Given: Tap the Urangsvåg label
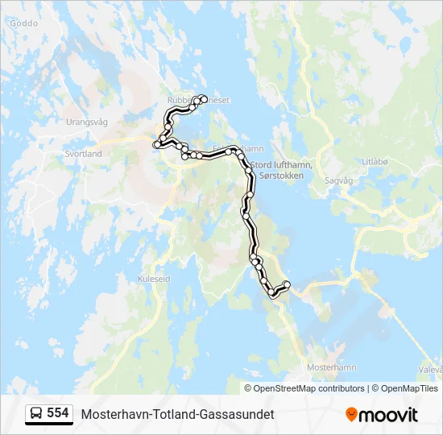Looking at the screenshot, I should coord(86,122).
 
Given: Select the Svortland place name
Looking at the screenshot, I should coord(84,153).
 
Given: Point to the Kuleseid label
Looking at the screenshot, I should coord(155,279).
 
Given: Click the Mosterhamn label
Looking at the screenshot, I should coord(332,367).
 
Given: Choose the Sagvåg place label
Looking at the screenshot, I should coord(337,181).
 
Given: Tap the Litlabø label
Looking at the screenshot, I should coord(375,161).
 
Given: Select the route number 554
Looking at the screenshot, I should coord(57,413).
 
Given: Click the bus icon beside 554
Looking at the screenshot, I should coord(36,413).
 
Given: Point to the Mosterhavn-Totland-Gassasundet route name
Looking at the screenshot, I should coord(177,414).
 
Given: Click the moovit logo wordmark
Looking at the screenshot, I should coord(389,415).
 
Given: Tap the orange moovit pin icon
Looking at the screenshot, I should coord(351,414).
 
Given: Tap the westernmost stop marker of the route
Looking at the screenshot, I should coord(155,145).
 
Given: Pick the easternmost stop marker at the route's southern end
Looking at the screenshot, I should coord(287,283).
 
